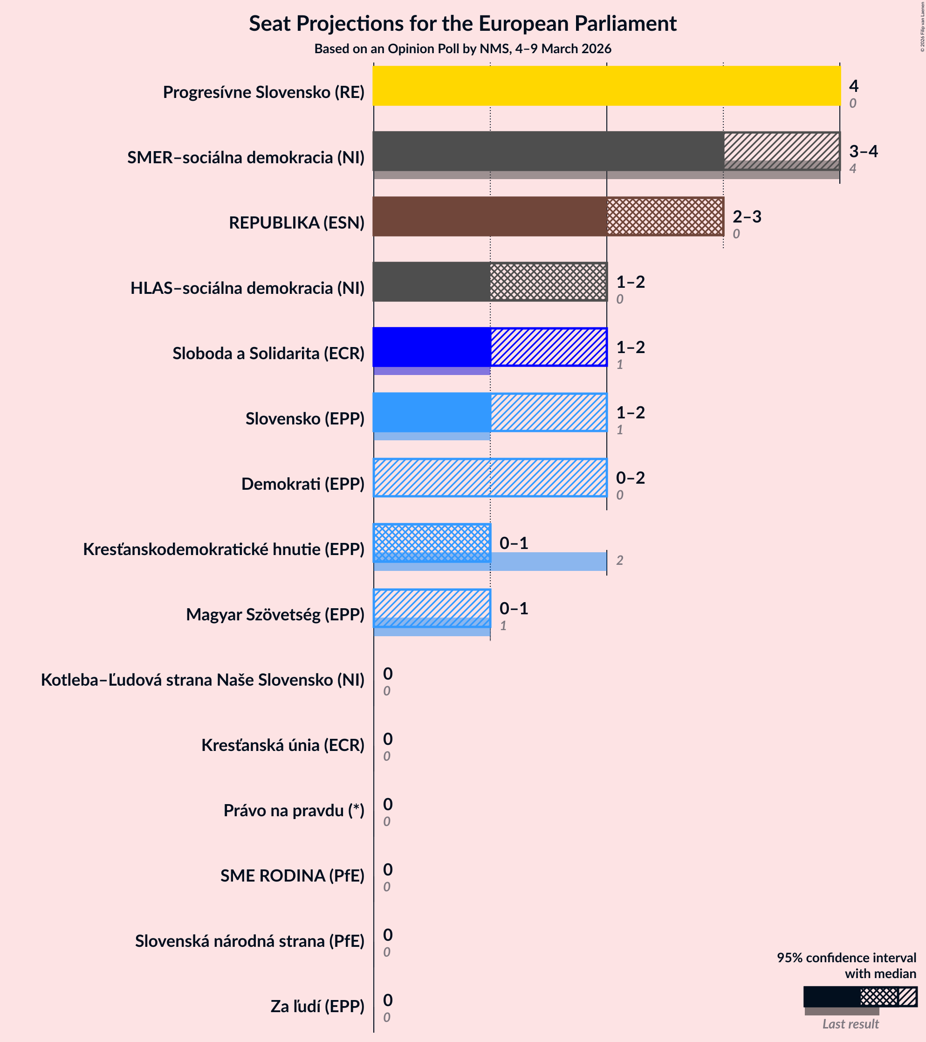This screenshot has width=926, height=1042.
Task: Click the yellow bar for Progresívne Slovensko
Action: tap(606, 86)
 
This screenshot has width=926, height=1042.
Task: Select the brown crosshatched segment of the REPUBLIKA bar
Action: tap(665, 217)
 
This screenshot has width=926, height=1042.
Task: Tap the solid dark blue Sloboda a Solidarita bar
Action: tap(432, 347)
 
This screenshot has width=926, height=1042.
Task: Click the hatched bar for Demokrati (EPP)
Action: tap(490, 478)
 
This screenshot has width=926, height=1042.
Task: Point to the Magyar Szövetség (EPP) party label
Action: tap(275, 615)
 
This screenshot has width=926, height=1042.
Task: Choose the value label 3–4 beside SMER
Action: tap(864, 152)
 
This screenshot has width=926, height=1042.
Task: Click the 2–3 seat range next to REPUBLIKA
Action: tap(747, 217)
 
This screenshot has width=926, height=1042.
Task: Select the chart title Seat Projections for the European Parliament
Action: tap(462, 24)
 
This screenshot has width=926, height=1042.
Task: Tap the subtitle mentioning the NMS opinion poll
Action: tap(462, 49)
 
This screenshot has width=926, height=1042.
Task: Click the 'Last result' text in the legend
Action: tap(850, 1024)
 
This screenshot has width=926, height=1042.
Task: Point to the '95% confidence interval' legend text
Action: tap(846, 958)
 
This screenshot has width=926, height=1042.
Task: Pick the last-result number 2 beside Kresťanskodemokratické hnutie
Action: tap(619, 561)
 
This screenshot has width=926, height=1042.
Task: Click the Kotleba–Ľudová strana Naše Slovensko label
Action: tap(203, 680)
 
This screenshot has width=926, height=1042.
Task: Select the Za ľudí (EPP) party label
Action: tap(317, 1006)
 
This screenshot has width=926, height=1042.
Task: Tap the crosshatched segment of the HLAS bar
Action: tap(548, 282)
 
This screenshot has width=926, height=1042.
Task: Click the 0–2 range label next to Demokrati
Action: tap(630, 478)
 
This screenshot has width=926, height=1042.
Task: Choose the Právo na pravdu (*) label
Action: tap(294, 811)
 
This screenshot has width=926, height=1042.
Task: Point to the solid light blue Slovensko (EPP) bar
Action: tap(432, 412)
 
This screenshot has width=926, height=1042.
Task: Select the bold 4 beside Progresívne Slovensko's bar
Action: tap(854, 86)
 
